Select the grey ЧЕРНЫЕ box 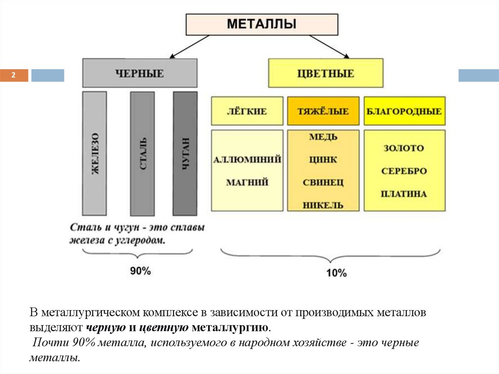(140, 73)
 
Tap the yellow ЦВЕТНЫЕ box (326, 73)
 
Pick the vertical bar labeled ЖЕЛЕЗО (95, 153)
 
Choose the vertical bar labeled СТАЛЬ (142, 153)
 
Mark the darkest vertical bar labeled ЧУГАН (185, 153)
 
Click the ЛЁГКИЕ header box (247, 111)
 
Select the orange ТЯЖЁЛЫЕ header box (323, 111)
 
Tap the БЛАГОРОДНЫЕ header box (404, 111)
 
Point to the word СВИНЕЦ (323, 183)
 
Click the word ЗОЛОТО (404, 148)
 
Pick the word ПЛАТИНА (404, 194)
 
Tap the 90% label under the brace (140, 271)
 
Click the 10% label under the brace (336, 273)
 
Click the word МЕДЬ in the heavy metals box (323, 137)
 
